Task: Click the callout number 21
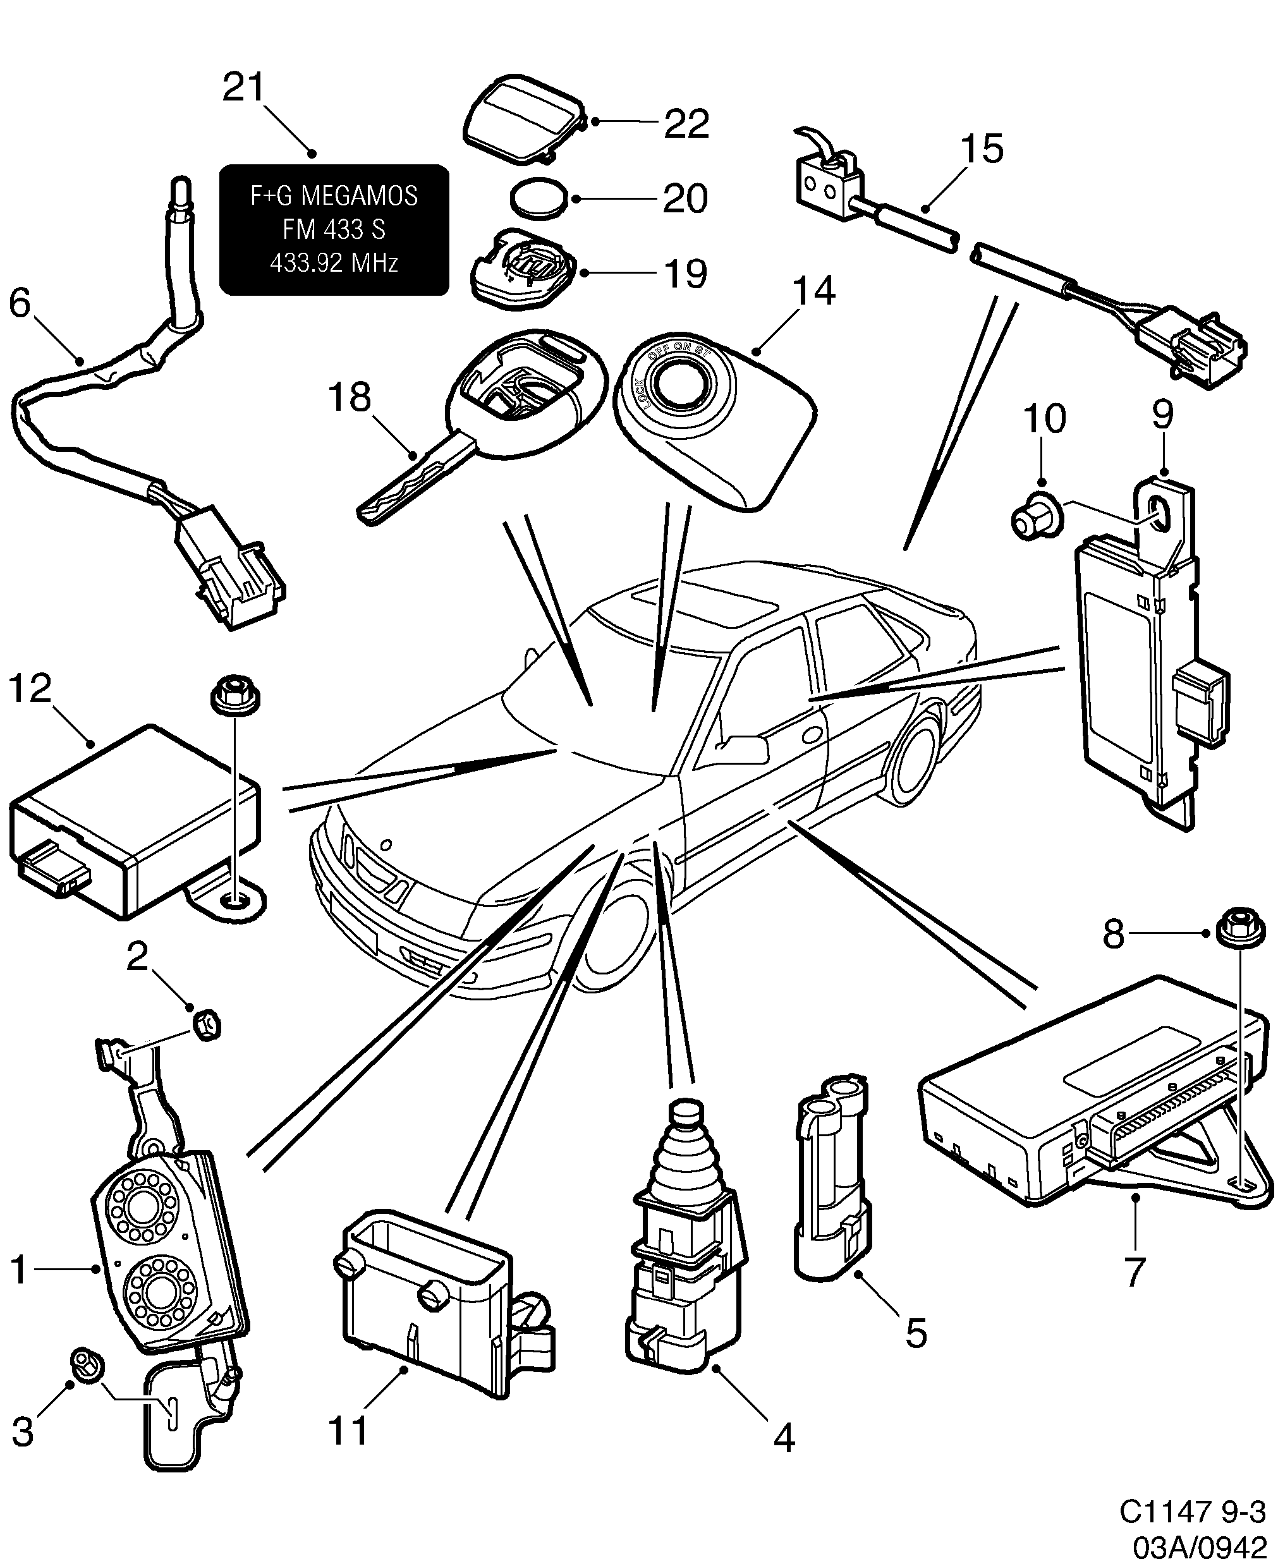(244, 88)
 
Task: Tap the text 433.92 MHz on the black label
(334, 263)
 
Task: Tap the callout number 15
(982, 149)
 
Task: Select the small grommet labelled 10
(1034, 522)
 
